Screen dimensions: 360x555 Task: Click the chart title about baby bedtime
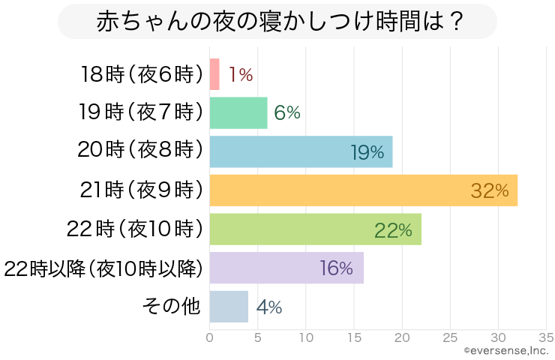(277, 22)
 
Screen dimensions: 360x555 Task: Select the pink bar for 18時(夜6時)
(214, 74)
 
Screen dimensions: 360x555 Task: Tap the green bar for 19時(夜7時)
(238, 112)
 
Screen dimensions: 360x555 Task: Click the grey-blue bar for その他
(229, 307)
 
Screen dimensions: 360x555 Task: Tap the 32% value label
(490, 191)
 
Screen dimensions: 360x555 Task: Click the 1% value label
(241, 74)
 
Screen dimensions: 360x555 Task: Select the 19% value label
(367, 152)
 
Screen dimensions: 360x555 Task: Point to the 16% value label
(336, 268)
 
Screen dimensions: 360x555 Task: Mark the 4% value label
(268, 307)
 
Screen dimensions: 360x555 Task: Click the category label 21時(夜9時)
(142, 190)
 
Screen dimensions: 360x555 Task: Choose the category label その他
(172, 307)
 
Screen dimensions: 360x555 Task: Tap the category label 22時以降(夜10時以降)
(103, 268)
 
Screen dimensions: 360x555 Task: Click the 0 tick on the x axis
(210, 337)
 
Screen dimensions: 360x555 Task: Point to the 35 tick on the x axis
(546, 337)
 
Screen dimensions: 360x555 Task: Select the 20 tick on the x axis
(402, 337)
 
